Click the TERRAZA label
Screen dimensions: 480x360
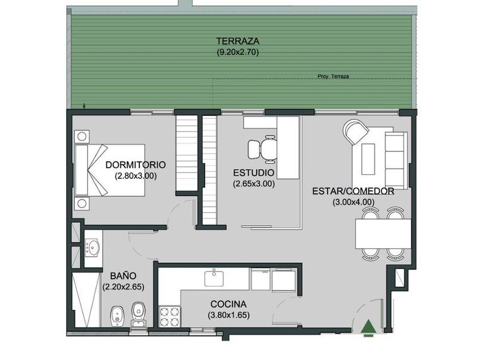pos(238,41)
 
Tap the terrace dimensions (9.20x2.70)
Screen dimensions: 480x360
pos(238,52)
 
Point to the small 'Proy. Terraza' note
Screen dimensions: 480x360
pos(333,77)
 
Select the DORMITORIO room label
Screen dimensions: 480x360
pos(135,165)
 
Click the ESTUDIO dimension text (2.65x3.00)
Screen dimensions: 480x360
pos(254,183)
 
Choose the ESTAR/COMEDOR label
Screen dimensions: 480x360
pos(353,191)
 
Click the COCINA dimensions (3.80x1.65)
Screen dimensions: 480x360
pos(229,315)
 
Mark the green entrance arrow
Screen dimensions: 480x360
pos(368,326)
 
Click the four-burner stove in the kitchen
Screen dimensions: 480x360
pos(170,317)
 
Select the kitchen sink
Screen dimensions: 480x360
pos(214,278)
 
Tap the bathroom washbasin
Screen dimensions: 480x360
pos(93,247)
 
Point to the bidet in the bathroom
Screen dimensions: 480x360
pos(117,315)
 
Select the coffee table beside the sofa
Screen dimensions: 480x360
pos(368,159)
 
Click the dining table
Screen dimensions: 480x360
pos(383,234)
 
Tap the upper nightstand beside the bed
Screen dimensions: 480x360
pos(82,137)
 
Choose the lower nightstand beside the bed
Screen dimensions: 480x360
pos(82,203)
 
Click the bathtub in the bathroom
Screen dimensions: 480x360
pos(86,300)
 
